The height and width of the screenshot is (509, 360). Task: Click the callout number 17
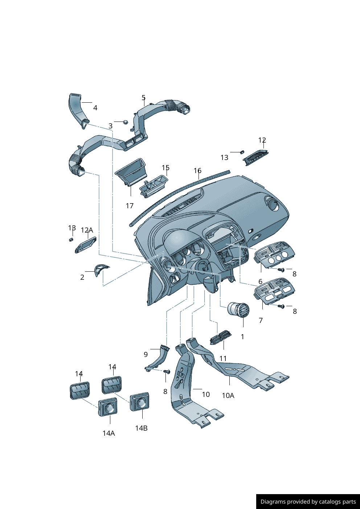click(130, 206)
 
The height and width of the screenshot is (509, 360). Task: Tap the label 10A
click(228, 395)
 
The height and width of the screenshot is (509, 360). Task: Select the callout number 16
click(197, 171)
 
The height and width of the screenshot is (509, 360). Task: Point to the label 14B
click(141, 428)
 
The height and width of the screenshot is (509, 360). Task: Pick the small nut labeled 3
click(125, 122)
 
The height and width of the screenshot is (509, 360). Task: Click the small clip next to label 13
click(242, 152)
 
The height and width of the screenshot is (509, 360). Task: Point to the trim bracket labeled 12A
click(86, 245)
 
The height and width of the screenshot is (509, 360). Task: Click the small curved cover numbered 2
click(100, 269)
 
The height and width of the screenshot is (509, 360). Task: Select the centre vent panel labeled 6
click(275, 255)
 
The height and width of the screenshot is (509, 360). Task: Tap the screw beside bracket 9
click(167, 372)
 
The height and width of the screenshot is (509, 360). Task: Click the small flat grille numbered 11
click(220, 337)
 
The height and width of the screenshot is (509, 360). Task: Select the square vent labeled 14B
click(140, 402)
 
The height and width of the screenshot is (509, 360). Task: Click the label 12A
click(87, 230)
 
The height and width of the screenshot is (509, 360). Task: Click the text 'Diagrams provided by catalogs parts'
click(308, 502)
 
